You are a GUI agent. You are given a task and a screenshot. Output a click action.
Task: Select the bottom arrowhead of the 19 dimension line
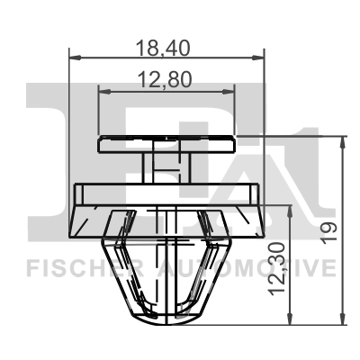tap(343, 319)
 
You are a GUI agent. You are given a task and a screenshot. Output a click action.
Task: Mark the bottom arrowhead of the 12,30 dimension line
tap(290, 319)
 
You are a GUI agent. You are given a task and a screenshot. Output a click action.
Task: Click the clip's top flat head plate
tap(166, 143)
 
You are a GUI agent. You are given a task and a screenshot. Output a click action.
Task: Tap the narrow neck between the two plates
tap(166, 167)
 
